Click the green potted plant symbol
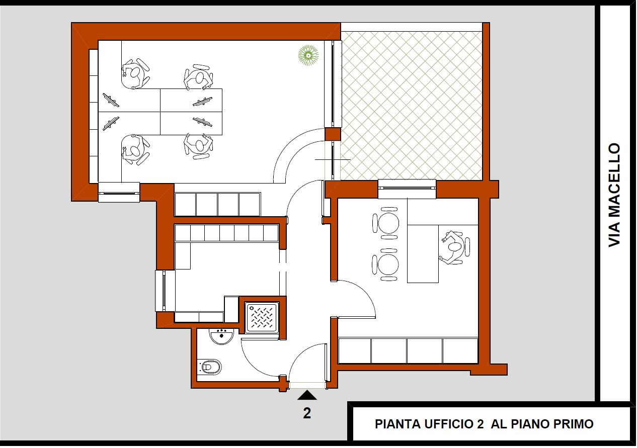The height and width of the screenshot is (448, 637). [308, 55]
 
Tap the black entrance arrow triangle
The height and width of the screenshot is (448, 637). [307, 395]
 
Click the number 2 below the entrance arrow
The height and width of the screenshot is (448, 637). [307, 413]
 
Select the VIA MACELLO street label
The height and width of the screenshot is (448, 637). [614, 195]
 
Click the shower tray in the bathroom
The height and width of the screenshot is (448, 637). [262, 318]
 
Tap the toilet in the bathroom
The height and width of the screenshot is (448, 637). [209, 367]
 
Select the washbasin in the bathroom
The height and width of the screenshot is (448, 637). [221, 336]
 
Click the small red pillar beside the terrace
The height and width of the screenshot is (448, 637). [333, 134]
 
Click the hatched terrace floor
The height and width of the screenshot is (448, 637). [412, 105]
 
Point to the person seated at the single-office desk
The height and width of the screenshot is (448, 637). [454, 247]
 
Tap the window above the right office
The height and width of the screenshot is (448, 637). [407, 189]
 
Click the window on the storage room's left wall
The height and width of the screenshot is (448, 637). [165, 291]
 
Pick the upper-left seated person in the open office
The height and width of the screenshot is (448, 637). [135, 74]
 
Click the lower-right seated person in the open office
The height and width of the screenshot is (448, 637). [198, 145]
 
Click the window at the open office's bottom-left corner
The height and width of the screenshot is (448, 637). [119, 192]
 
